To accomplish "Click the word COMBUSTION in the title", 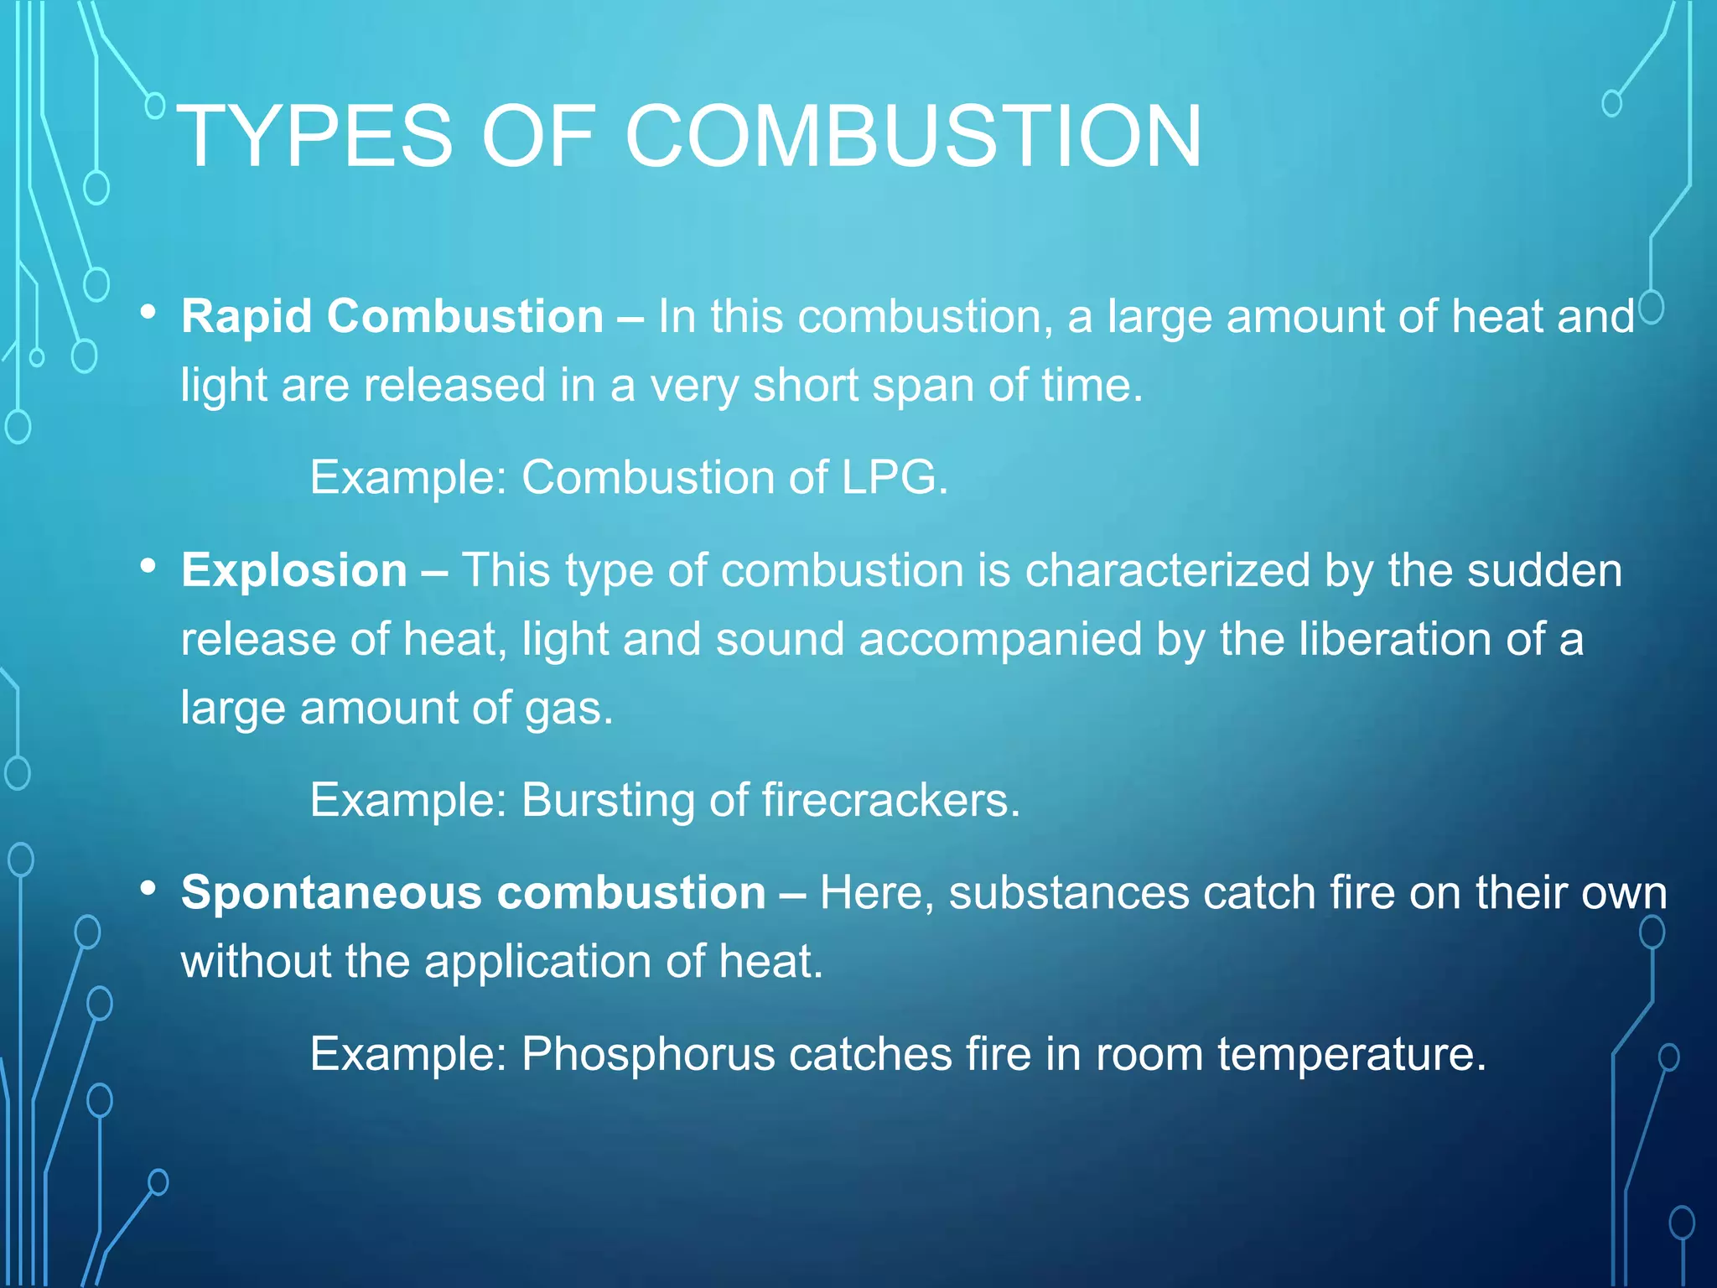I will pos(913,136).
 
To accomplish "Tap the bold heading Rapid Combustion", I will pos(392,317).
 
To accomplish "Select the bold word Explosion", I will pos(294,571).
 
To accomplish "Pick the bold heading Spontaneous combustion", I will pos(474,892).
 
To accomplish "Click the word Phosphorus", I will pos(648,1054).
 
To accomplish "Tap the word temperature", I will pos(1351,1054).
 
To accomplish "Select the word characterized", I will pos(1167,571).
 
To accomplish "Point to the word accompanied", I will pos(1000,640).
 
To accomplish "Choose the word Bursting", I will pos(608,800).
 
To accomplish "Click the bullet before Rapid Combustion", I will pos(148,313).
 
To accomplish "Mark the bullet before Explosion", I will pos(148,567).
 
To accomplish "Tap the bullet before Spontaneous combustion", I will pos(148,888).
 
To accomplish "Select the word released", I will pos(454,386).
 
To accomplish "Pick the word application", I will pos(537,962).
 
